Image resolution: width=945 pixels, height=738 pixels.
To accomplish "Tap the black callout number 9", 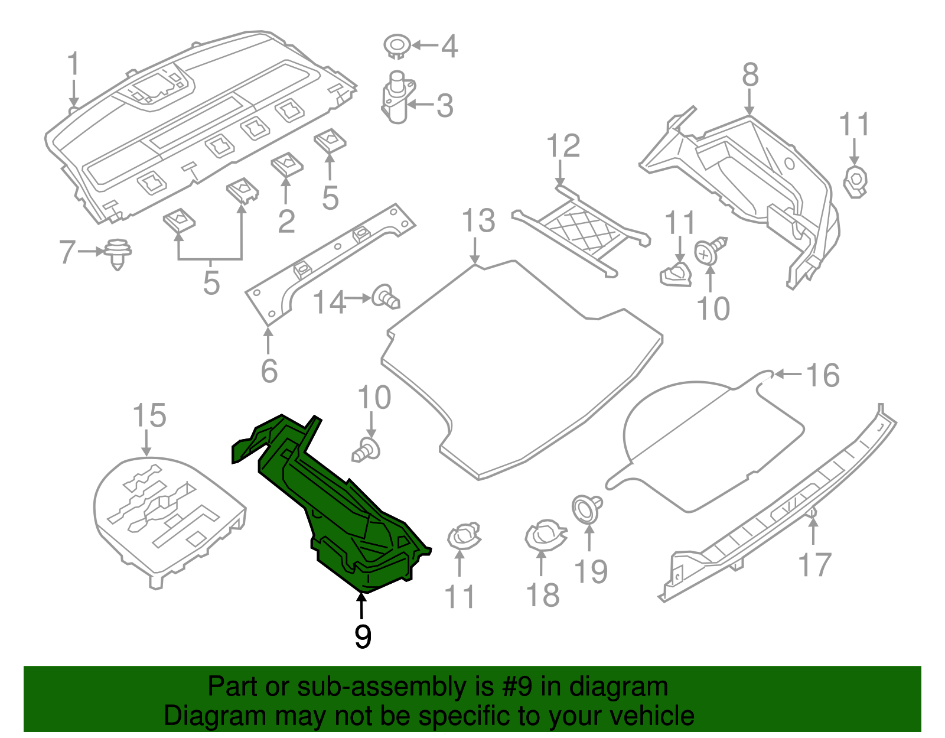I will tap(363, 637).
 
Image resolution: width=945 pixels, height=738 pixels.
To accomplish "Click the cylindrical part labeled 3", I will tap(397, 97).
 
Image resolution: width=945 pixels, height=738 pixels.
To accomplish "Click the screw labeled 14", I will tap(386, 296).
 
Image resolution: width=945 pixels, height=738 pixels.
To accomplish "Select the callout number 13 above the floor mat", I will tap(478, 221).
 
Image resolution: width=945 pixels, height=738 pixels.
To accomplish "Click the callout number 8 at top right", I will tap(750, 76).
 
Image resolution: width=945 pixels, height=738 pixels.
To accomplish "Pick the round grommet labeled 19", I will tap(586, 509).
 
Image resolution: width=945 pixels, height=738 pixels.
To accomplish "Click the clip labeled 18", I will tap(545, 535).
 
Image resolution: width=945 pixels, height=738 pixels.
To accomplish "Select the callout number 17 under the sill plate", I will tap(814, 565).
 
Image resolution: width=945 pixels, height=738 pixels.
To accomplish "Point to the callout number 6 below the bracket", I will tap(269, 371).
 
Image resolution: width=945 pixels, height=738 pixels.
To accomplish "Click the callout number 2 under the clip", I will tap(286, 222).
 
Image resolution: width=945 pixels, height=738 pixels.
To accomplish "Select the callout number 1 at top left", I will tap(73, 64).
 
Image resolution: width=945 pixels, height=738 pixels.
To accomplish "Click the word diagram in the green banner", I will tap(632, 687).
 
